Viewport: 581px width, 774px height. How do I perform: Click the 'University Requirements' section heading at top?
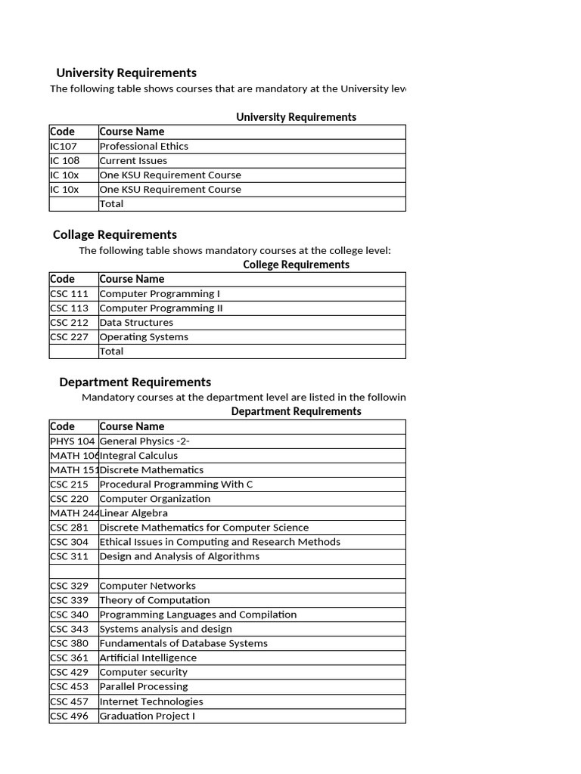(x=126, y=73)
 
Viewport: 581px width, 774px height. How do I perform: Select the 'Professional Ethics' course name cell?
(x=144, y=146)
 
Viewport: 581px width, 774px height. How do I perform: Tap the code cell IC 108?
(x=65, y=160)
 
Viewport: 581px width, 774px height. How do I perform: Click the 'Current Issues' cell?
(x=133, y=160)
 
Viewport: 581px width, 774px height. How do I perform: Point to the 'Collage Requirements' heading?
(x=115, y=234)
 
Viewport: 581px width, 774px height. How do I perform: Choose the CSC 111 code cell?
(x=70, y=293)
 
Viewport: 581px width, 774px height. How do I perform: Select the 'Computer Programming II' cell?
(x=161, y=308)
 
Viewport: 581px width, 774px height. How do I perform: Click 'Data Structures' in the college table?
(x=136, y=322)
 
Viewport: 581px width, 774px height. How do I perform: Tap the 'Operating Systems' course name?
(x=144, y=336)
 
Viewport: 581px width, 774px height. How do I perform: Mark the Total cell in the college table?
(x=111, y=351)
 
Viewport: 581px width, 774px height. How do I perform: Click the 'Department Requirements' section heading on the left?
(x=135, y=382)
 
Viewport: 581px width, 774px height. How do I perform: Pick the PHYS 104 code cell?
(x=73, y=441)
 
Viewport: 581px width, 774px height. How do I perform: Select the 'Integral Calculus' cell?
(x=138, y=455)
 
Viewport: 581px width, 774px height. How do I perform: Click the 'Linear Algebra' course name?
(x=134, y=512)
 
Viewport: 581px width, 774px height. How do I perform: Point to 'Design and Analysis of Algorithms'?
(x=179, y=556)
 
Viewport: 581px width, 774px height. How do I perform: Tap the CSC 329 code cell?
(x=70, y=585)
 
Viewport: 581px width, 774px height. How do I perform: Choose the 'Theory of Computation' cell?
(x=154, y=599)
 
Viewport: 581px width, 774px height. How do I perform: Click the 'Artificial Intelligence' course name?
(x=148, y=658)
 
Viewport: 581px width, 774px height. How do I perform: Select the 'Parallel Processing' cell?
(x=144, y=686)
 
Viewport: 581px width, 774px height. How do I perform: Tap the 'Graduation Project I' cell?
(x=147, y=715)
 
